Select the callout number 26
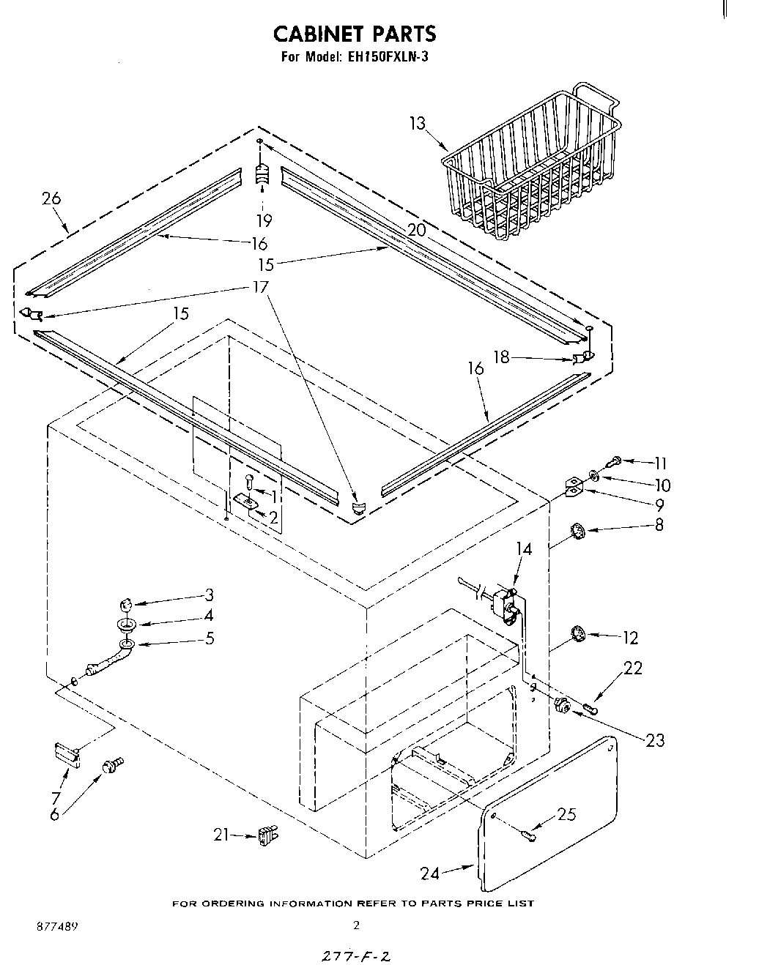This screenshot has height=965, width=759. point(51,198)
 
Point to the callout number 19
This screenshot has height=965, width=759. point(263,220)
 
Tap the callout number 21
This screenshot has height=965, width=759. point(222,834)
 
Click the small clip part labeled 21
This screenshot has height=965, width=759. point(267,835)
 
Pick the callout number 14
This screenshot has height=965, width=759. point(524,548)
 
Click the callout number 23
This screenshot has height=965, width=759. point(654,740)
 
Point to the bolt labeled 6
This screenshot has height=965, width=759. point(114,766)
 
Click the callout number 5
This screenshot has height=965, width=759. point(210,638)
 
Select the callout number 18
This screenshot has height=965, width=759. point(501,358)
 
